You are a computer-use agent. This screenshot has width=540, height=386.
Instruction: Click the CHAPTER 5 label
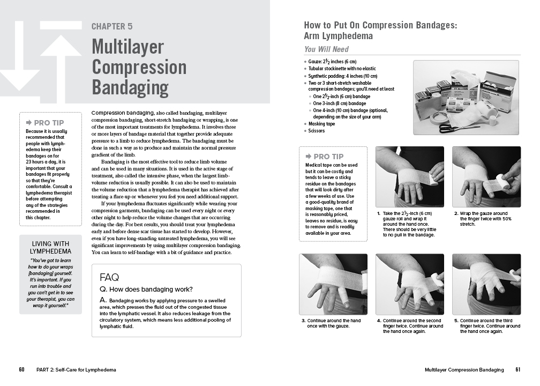[112, 26]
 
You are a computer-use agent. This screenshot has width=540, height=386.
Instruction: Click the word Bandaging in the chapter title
[130, 87]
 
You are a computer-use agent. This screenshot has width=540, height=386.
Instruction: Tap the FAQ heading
[109, 277]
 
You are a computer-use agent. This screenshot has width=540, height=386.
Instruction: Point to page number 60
[21, 370]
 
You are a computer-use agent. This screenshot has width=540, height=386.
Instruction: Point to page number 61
[517, 370]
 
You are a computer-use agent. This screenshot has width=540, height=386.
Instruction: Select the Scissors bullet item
[317, 130]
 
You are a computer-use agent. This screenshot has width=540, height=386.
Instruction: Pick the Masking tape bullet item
[321, 124]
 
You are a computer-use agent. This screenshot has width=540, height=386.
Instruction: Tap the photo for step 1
[409, 176]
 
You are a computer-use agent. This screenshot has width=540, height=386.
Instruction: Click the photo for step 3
[333, 284]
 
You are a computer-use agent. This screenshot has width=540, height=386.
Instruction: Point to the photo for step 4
[410, 284]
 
